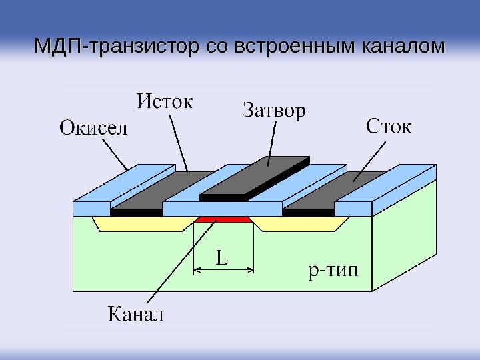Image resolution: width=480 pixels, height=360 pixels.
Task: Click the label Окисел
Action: click(93, 127)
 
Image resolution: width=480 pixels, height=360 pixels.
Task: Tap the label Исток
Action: click(166, 103)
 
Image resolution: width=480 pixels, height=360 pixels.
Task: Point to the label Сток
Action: click(389, 126)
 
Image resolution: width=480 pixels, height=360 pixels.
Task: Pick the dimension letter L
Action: click(221, 257)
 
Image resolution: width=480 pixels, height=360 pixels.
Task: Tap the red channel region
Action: click(223, 219)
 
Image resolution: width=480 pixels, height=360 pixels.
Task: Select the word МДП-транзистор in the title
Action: click(113, 47)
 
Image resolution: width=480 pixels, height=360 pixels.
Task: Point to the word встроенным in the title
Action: click(294, 47)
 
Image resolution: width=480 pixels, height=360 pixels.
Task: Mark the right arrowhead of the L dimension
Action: click(251, 270)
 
